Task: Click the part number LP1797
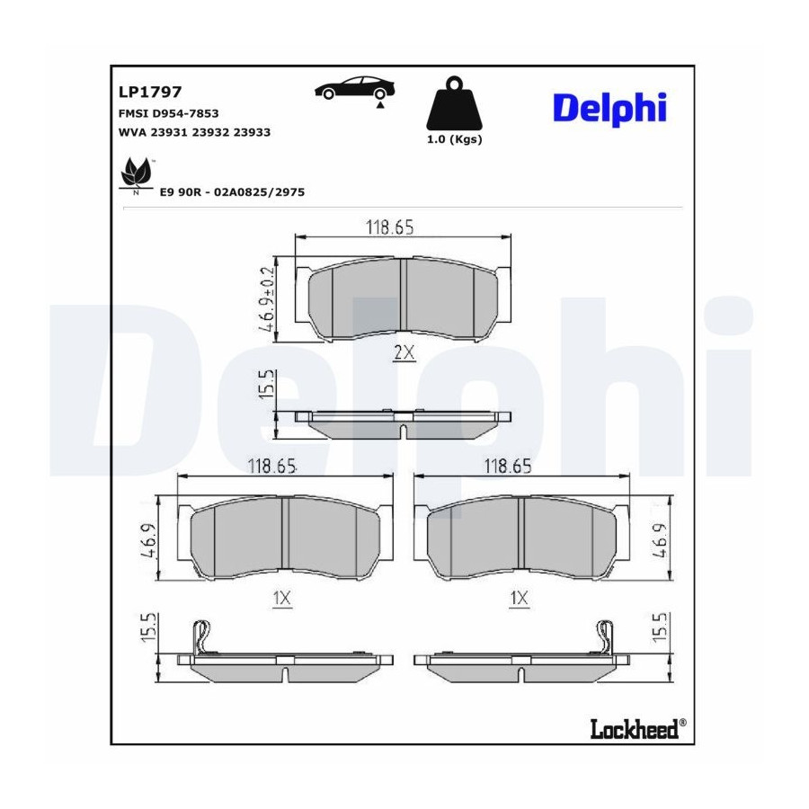coord(150,92)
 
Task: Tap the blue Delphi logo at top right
coord(609,109)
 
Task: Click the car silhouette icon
coord(355,89)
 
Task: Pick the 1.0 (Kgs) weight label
coord(454,140)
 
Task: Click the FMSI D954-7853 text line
coord(169,113)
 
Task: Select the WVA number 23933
coord(252,132)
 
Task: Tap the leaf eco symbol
coord(137,173)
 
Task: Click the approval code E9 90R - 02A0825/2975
coord(232,192)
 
